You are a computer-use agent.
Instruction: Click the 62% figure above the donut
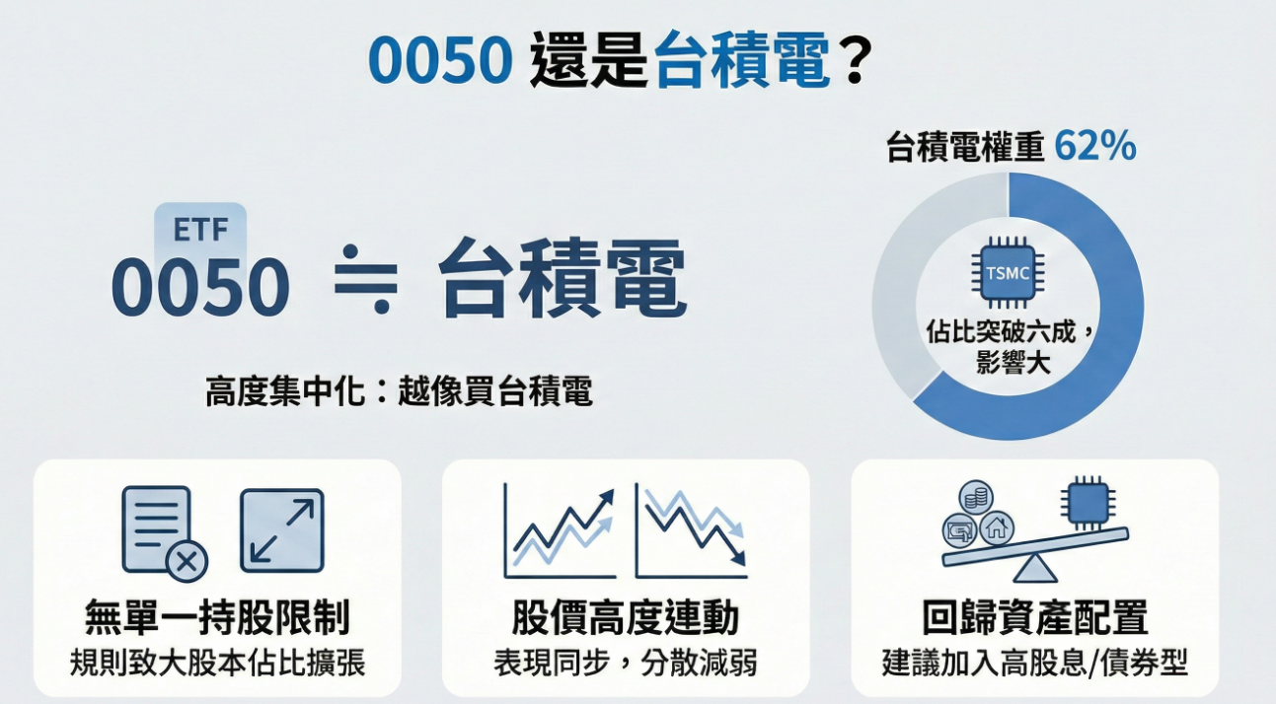1095,147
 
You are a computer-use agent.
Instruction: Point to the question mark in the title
855,61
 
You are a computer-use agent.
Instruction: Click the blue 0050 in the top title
440,61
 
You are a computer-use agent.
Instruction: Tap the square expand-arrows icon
282,529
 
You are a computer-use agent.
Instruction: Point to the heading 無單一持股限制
217,619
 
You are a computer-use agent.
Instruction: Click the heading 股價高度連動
626,619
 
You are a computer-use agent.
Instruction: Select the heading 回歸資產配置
1034,619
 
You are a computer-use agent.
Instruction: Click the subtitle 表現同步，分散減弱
626,662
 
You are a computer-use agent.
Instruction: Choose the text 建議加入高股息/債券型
1034,662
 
